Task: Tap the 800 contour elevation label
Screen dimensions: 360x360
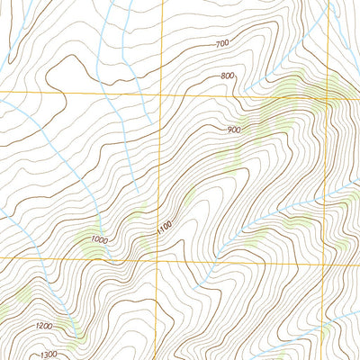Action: point(227,76)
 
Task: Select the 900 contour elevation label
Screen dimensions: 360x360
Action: point(234,130)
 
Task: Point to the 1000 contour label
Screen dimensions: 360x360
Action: point(99,239)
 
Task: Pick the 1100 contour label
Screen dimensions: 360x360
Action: point(164,229)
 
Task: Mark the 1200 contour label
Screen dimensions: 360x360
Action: point(44,325)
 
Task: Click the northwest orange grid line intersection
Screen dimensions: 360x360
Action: point(162,94)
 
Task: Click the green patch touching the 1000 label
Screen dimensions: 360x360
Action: point(90,238)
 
